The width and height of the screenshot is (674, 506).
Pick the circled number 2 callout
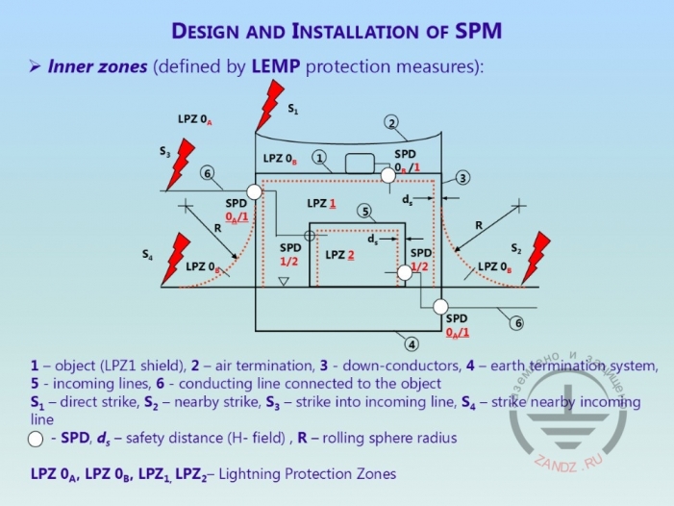pyautogui.click(x=391, y=122)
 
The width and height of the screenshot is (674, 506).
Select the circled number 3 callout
pyautogui.click(x=462, y=177)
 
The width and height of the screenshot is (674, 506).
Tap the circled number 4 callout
pyautogui.click(x=411, y=343)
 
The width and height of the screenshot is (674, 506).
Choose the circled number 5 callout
pyautogui.click(x=363, y=211)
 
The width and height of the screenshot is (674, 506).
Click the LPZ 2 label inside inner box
pyautogui.click(x=340, y=255)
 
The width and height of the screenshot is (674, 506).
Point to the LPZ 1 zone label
pyautogui.click(x=321, y=204)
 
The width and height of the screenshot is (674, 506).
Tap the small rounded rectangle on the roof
pyautogui.click(x=362, y=162)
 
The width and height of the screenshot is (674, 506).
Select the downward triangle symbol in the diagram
pyautogui.click(x=283, y=281)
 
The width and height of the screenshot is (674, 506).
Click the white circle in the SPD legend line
pyautogui.click(x=36, y=439)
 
